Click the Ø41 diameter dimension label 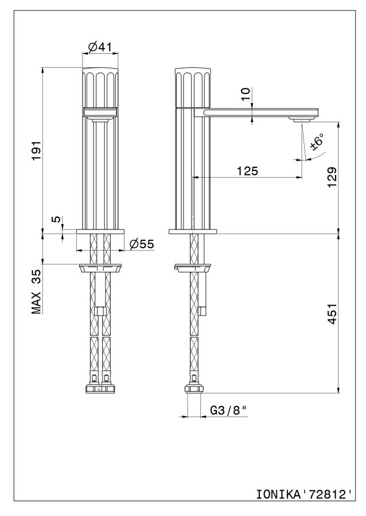click(100, 47)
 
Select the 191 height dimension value click(36, 150)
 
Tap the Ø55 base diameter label click(142, 244)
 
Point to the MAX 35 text click(36, 291)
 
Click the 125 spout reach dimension click(247, 171)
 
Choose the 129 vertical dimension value click(332, 177)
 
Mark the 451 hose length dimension click(332, 314)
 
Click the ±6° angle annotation click(317, 142)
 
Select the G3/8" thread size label click(228, 410)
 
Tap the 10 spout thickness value click(245, 95)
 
